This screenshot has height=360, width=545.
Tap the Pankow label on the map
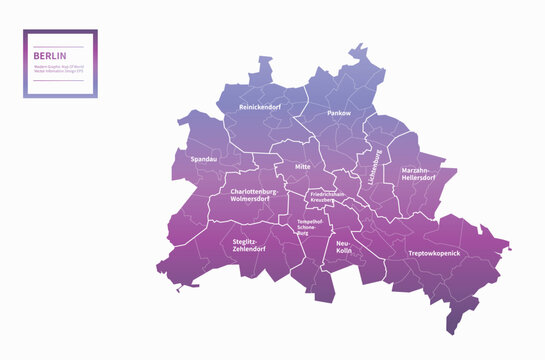coord(340,114)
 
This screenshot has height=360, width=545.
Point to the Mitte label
coord(303,167)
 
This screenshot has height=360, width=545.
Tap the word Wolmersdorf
coord(252,199)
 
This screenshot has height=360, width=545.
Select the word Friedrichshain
coord(328,194)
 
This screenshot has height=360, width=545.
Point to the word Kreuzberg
coord(322,201)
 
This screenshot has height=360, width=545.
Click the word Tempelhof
coord(308,221)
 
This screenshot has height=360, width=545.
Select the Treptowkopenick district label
coord(434,253)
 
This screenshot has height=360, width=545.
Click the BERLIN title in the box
coord(46,57)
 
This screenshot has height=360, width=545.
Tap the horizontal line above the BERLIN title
coord(60,46)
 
